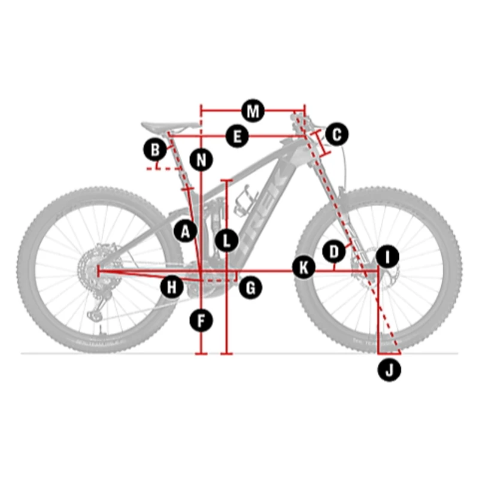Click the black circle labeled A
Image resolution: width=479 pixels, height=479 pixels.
186,231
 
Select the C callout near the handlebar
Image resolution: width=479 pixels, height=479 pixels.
336,134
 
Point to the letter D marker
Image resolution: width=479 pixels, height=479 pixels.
334,251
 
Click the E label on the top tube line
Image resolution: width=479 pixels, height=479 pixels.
237,137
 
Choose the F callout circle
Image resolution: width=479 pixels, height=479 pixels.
201,321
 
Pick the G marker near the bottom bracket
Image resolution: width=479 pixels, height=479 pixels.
250,287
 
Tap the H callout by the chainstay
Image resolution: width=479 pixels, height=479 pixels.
172,287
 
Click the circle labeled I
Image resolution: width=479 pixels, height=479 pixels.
387,257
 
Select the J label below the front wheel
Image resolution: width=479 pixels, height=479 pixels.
389,370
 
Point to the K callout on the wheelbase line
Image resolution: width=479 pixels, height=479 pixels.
304,268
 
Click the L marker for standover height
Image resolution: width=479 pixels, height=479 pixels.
226,241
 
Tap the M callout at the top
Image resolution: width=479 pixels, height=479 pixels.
253,111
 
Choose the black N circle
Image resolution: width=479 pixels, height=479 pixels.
201,159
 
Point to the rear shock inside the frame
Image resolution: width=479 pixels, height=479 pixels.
215,214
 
